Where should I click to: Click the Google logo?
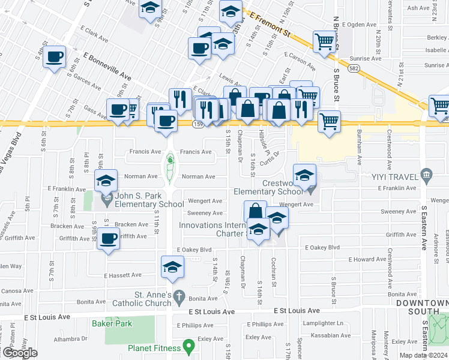(20, 352)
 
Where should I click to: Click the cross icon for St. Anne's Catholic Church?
(178, 296)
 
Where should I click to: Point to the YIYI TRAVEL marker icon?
(426, 175)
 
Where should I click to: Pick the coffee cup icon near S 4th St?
(55, 57)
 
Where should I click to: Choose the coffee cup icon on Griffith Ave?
(109, 238)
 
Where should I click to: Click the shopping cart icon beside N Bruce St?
(324, 41)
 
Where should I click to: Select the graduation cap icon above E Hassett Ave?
(172, 266)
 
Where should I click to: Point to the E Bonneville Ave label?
(107, 67)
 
